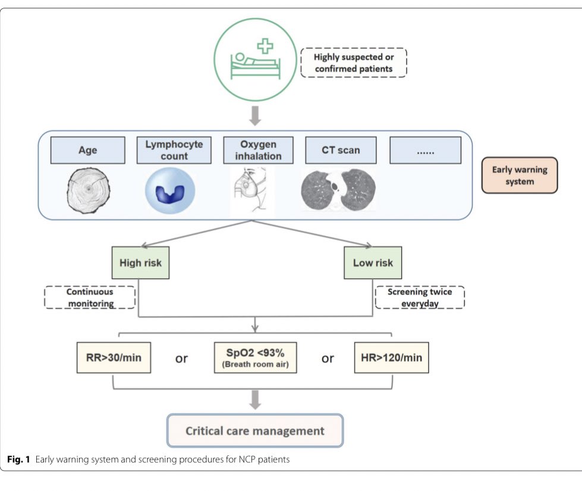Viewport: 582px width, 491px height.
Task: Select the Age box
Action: pyautogui.click(x=87, y=151)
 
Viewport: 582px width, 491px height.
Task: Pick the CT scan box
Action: pyautogui.click(x=340, y=151)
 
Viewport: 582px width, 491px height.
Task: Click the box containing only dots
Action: pyautogui.click(x=424, y=151)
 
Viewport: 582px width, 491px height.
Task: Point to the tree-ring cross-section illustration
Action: pyautogui.click(x=88, y=190)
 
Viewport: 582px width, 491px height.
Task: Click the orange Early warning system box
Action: pyautogui.click(x=519, y=175)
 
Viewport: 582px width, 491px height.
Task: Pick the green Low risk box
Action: pyautogui.click(x=373, y=263)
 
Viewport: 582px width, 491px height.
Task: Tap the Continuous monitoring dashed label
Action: pyautogui.click(x=90, y=298)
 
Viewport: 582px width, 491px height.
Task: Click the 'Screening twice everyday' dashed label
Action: pyautogui.click(x=420, y=298)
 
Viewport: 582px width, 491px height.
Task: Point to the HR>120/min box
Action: pyautogui.click(x=391, y=359)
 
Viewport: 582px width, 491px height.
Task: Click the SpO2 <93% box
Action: pyautogui.click(x=255, y=359)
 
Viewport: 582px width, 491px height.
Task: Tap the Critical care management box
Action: pyautogui.click(x=255, y=430)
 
